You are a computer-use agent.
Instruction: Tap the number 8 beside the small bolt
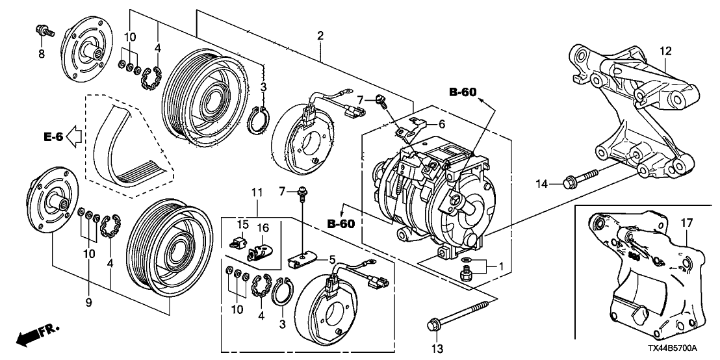[41, 54]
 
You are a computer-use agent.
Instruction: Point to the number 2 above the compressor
[320, 36]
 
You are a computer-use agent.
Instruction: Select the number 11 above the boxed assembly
[257, 192]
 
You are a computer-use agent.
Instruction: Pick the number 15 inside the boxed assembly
[243, 224]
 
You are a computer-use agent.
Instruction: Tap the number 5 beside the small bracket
[333, 259]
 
